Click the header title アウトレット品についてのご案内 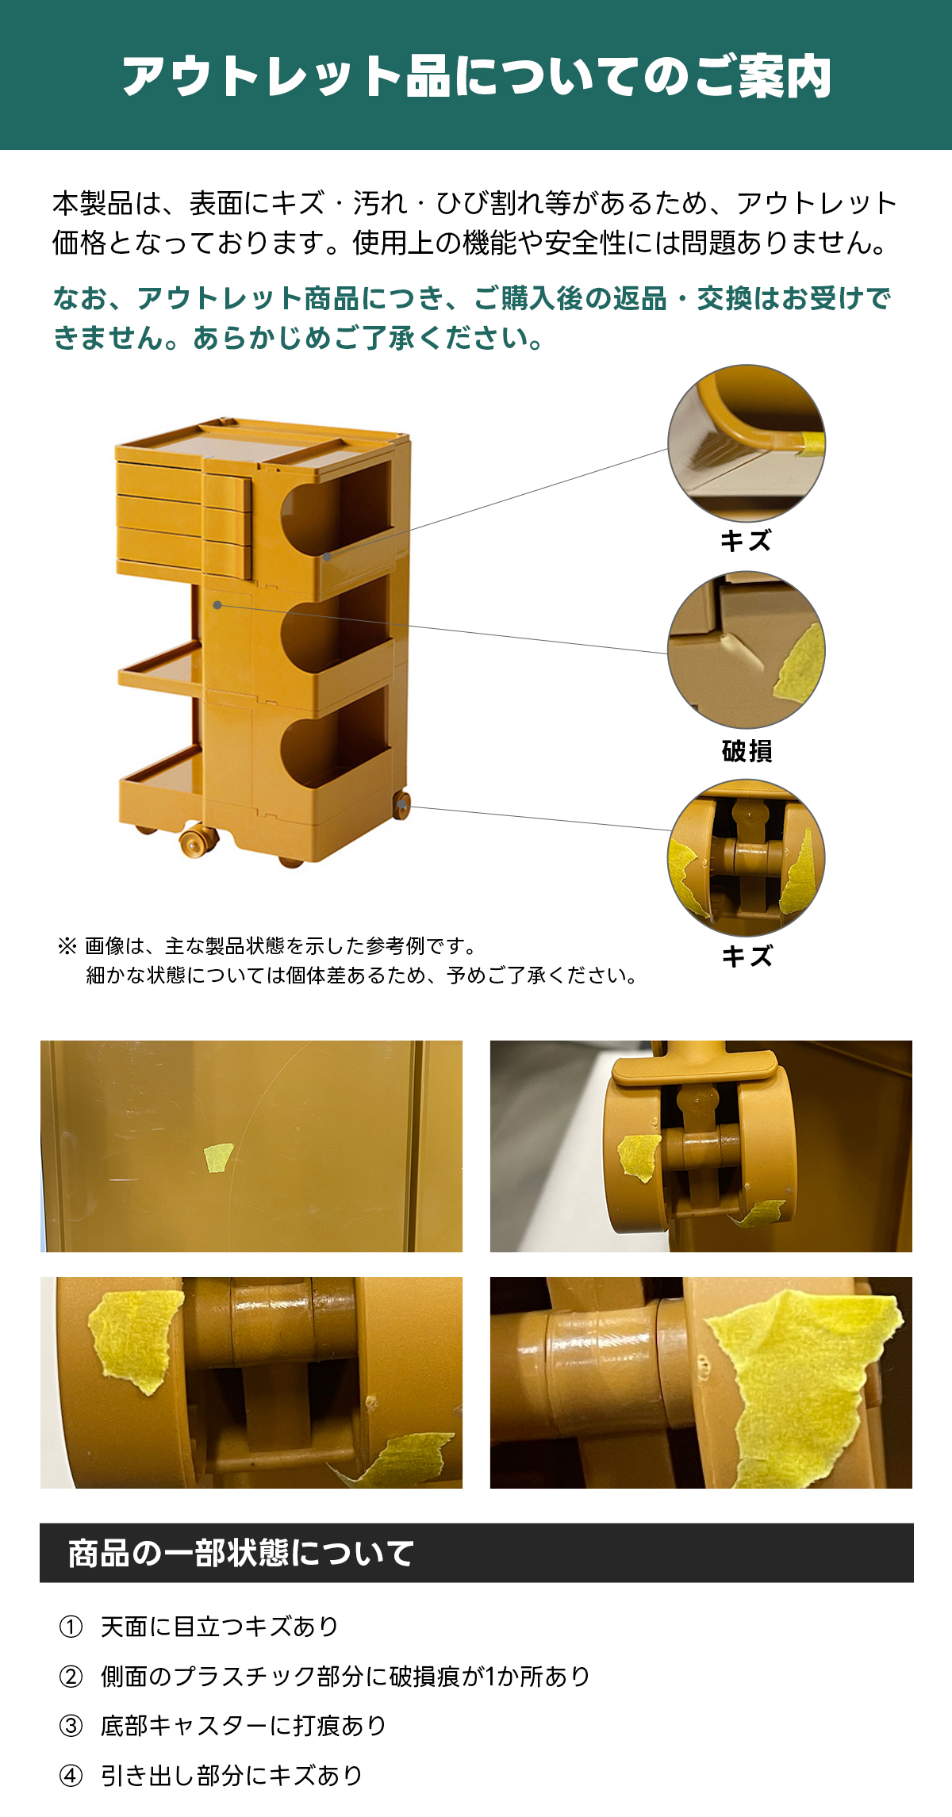coord(476,77)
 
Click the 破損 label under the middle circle coord(747,750)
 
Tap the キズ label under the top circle coord(746,541)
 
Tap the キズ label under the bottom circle coord(747,956)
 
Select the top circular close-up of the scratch coord(747,443)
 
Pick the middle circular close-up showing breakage coord(747,650)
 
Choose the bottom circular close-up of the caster coord(747,857)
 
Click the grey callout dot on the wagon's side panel coord(217,605)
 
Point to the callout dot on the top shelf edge coord(327,557)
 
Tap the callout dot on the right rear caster coord(404,806)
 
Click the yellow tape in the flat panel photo coord(218,1157)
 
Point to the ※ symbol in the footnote coord(67,945)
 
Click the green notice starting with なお coord(472,318)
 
